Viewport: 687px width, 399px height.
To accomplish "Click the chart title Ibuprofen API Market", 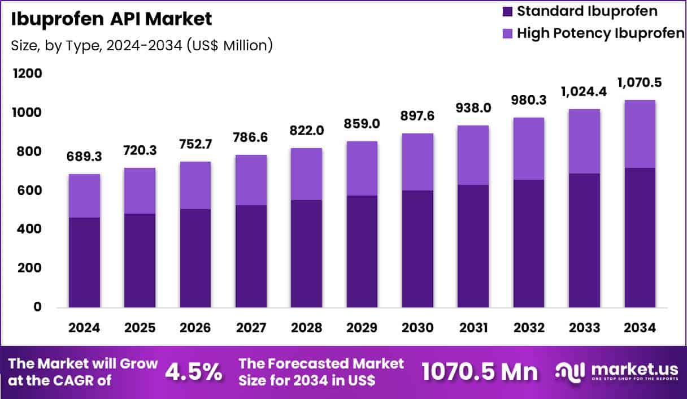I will (112, 19).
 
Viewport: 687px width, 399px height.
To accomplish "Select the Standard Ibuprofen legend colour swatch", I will (506, 11).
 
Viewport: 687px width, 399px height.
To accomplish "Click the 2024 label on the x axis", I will (84, 328).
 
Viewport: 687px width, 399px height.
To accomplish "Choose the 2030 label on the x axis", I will (418, 328).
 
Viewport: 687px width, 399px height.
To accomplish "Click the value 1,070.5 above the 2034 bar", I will (640, 83).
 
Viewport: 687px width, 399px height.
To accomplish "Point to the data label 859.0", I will (362, 124).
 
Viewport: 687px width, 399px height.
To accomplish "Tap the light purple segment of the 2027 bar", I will (251, 180).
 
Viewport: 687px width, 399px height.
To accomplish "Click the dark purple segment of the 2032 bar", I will (528, 243).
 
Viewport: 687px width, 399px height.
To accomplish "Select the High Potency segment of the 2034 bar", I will (640, 134).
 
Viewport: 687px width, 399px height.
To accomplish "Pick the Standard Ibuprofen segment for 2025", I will (140, 260).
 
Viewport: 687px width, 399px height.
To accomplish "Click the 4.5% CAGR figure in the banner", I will (193, 372).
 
